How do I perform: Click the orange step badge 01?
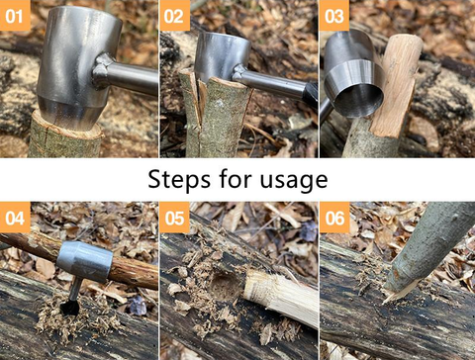pos(16,16)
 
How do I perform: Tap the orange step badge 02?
pos(175,16)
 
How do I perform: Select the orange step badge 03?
pos(334,16)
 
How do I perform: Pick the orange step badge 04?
pos(16,217)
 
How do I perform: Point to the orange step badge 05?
pos(175,217)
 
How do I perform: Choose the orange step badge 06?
pos(334,217)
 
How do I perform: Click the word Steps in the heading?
pos(177,180)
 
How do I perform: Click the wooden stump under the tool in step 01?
pos(64,138)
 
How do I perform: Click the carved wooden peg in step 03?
pos(399,84)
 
